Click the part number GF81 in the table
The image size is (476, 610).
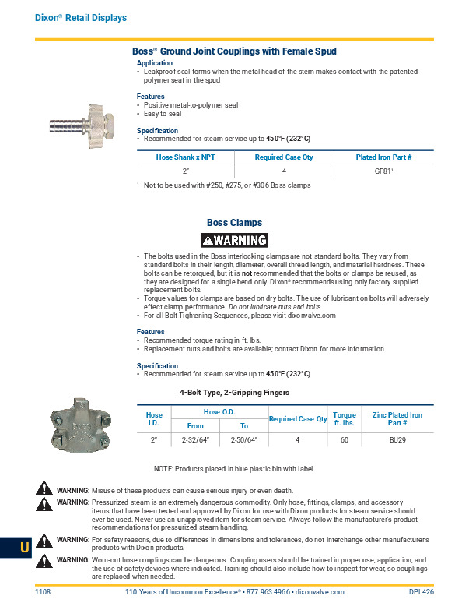(382, 170)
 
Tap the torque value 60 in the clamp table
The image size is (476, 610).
(344, 440)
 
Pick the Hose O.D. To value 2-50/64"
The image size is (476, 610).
(243, 440)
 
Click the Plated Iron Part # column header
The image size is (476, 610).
(383, 157)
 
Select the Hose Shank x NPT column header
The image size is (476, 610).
(186, 157)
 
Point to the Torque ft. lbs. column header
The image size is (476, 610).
(344, 419)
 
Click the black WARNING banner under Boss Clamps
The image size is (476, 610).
(234, 240)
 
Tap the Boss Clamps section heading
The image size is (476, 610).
(234, 223)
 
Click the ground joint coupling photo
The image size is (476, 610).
(81, 122)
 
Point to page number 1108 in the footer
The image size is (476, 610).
(43, 592)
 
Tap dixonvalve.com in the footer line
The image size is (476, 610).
(320, 592)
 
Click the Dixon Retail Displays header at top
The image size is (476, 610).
(81, 17)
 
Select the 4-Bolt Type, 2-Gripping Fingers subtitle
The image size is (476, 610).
(234, 392)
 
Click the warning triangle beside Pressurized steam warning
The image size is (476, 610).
(45, 503)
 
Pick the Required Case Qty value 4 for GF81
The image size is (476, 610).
(285, 170)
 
